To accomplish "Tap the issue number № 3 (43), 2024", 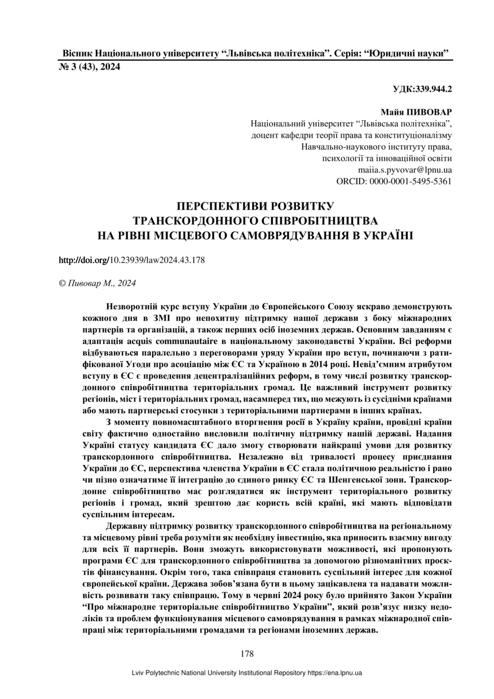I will click(x=89, y=67).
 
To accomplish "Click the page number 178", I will click(x=246, y=654).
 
